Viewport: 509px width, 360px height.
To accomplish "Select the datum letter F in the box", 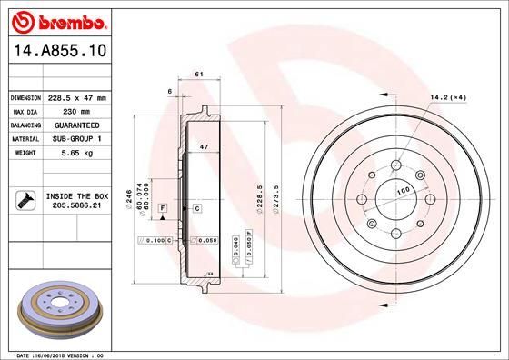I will tap(162, 209).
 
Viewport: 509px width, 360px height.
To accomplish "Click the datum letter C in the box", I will tap(196, 209).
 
